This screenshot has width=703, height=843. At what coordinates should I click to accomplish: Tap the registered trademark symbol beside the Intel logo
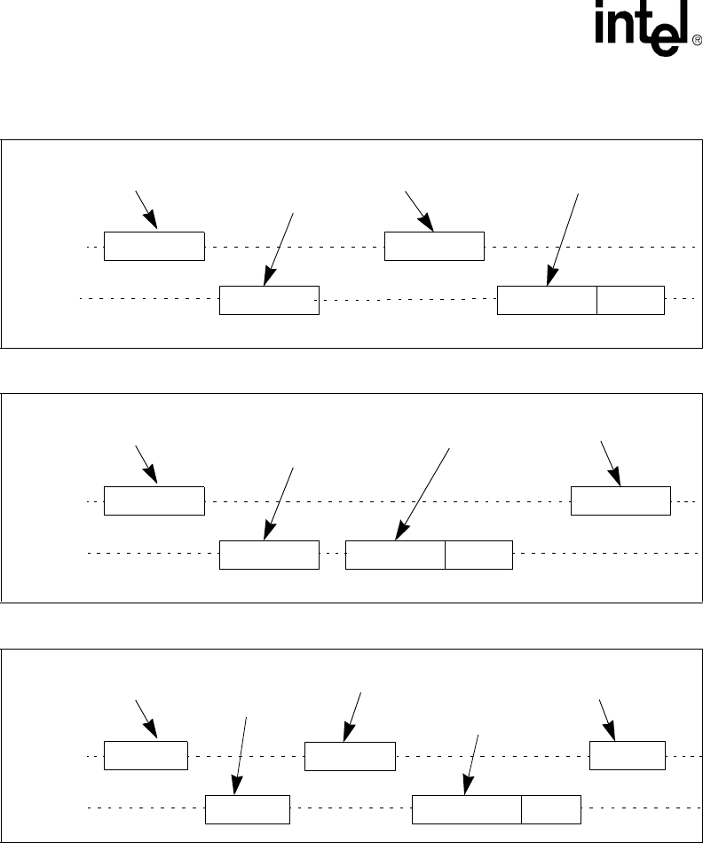pos(695,40)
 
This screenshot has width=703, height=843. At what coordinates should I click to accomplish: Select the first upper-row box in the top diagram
pos(154,246)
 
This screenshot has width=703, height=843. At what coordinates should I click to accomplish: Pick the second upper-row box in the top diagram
pos(434,246)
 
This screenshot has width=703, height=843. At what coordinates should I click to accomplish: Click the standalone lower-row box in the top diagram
pos(269,301)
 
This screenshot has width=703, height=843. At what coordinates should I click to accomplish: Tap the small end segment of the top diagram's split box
pos(630,301)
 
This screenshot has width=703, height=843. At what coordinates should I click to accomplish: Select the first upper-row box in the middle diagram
pos(154,500)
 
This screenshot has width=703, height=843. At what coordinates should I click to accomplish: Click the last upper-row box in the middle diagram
pos(620,500)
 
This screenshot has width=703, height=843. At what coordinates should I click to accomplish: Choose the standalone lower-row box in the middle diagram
pos(269,554)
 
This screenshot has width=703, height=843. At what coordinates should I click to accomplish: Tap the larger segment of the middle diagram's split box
pos(395,554)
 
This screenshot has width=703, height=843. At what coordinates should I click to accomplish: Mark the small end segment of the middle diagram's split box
pos(478,554)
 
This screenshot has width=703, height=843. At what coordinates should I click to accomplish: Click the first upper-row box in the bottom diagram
pos(146,754)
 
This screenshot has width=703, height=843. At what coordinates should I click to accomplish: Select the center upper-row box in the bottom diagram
pos(350,754)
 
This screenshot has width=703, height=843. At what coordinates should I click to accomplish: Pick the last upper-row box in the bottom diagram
pos(627,754)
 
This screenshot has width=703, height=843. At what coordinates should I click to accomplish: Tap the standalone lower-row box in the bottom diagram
pos(247,809)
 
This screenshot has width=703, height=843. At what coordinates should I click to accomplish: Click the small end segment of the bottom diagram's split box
pos(551,809)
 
